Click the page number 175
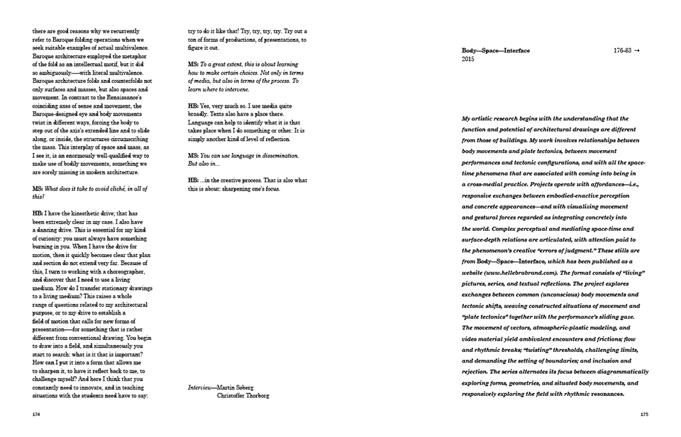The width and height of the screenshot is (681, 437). [x=645, y=415]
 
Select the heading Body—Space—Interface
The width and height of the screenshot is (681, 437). [x=495, y=51]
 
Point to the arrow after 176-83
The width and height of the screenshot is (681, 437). [x=642, y=51]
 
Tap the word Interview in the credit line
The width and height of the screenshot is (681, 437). [x=201, y=387]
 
